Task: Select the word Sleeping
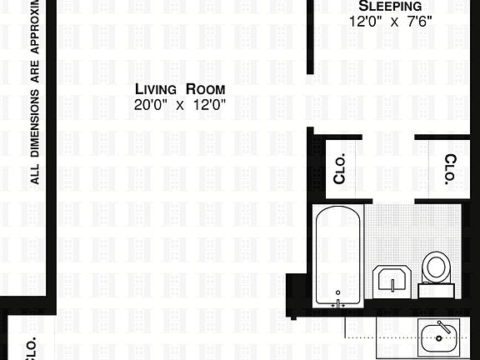385,6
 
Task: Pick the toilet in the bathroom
436,268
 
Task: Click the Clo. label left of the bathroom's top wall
340,168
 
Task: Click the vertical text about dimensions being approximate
36,92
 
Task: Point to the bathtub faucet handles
338,305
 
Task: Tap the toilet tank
436,290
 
